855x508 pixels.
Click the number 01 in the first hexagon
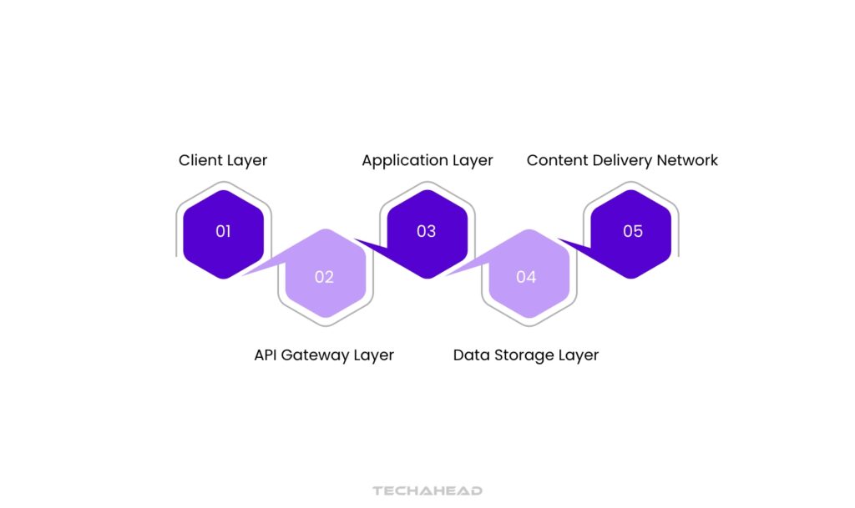[x=223, y=232]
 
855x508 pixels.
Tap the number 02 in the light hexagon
[x=324, y=277]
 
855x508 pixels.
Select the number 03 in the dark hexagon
[x=426, y=232]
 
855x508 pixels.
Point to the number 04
[x=526, y=277]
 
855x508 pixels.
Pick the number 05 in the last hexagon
[x=633, y=232]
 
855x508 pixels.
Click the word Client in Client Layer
[x=200, y=160]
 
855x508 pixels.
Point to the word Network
[x=687, y=160]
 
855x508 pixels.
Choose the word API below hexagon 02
[x=266, y=355]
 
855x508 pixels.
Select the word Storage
[x=520, y=355]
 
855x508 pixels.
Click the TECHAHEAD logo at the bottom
[x=427, y=491]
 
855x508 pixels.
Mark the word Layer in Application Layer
[x=472, y=160]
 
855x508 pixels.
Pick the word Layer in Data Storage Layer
[x=578, y=355]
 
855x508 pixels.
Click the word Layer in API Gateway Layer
[x=373, y=355]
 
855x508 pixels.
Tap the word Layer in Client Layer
[x=246, y=160]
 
